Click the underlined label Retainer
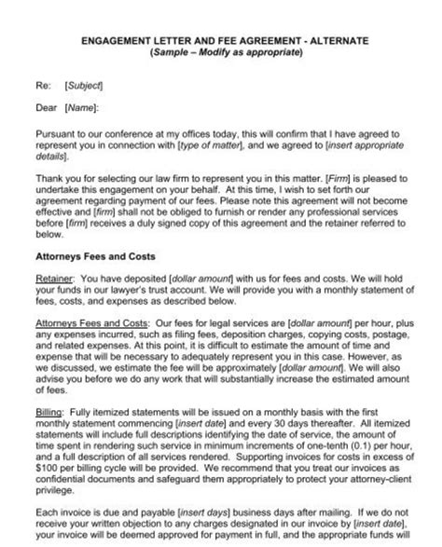pos(54,277)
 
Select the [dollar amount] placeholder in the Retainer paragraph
pos(199,277)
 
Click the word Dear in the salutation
pos(46,107)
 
